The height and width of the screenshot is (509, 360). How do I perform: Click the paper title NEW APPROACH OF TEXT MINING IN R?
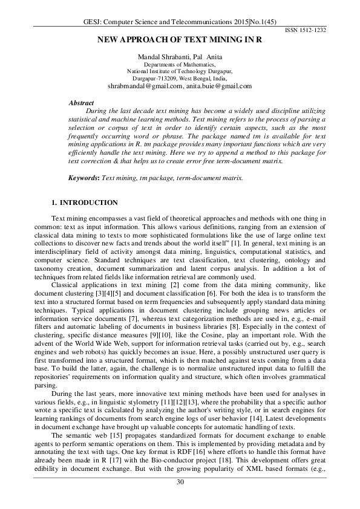pyautogui.click(x=180, y=40)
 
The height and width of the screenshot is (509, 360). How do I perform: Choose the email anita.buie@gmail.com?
pyautogui.click(x=219, y=86)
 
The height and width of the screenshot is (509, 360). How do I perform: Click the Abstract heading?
pyautogui.click(x=82, y=103)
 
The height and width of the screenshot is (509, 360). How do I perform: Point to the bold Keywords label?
pyautogui.click(x=83, y=161)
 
